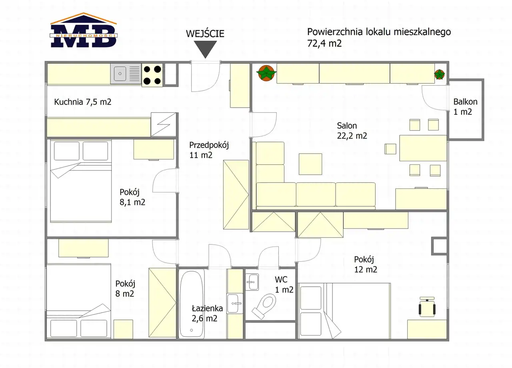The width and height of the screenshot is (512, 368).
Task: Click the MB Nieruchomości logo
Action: (x=84, y=30)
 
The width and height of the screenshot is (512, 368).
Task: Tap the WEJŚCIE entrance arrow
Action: (x=205, y=49)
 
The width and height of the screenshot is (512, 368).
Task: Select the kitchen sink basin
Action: (x=120, y=74)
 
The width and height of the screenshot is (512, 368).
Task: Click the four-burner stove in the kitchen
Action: (x=152, y=75)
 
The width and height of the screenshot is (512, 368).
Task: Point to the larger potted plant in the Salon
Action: (x=266, y=73)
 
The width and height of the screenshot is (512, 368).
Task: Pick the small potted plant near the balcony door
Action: (x=439, y=74)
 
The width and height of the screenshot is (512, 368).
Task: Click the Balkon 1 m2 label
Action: (x=465, y=107)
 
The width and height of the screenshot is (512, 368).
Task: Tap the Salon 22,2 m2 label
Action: (x=352, y=131)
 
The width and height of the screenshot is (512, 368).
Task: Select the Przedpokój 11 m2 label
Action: (x=209, y=150)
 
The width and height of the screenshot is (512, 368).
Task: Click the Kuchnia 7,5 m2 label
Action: (x=83, y=102)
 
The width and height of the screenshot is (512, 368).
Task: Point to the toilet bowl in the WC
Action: (x=264, y=306)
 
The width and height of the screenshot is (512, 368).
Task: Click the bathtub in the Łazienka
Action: (x=192, y=304)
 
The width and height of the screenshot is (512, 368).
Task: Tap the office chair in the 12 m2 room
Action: (x=427, y=307)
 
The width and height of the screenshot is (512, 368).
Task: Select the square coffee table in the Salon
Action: (x=310, y=164)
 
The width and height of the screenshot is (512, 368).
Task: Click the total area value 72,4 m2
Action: (x=324, y=43)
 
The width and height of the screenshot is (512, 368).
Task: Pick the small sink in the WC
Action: (x=252, y=282)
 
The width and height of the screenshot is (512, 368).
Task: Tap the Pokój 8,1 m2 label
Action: (x=132, y=197)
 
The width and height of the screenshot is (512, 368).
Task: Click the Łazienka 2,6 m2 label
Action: (x=207, y=313)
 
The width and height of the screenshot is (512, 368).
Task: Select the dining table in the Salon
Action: (x=423, y=148)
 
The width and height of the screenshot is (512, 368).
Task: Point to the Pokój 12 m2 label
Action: (x=366, y=264)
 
